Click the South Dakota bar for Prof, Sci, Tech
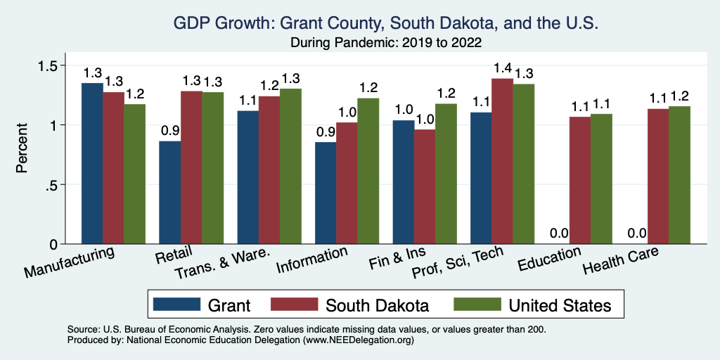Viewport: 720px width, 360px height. click(x=502, y=161)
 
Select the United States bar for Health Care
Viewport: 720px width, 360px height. click(x=679, y=175)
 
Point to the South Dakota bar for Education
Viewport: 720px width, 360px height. click(x=580, y=180)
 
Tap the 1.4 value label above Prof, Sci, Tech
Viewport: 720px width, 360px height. click(x=502, y=68)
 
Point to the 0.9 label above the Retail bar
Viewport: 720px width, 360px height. click(x=170, y=131)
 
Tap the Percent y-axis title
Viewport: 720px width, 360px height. click(x=23, y=149)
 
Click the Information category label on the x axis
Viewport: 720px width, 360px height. click(x=312, y=259)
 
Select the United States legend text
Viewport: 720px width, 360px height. click(x=560, y=304)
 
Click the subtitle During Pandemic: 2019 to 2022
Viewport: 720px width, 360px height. click(x=386, y=42)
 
